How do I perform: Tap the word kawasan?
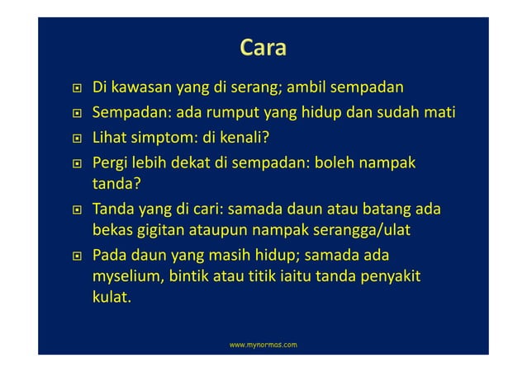point(137,87)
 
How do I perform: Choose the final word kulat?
point(112,298)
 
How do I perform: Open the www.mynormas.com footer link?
point(263,341)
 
